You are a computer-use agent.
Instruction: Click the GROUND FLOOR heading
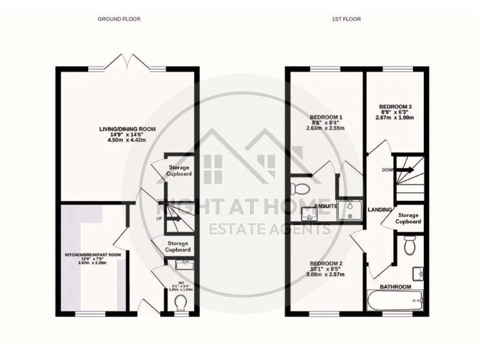point(119,19)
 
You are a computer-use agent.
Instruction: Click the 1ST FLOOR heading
point(346,19)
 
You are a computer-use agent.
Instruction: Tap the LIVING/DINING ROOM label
point(127,129)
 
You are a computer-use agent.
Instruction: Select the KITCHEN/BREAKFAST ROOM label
point(92,256)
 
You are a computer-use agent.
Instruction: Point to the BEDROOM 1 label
point(326,117)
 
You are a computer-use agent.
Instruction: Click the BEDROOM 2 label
point(326,264)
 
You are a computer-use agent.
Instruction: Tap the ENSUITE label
point(326,206)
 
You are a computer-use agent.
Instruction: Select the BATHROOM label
point(397,287)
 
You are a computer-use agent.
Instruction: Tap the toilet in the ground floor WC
point(181,302)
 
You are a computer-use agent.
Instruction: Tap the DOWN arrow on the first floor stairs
point(405,169)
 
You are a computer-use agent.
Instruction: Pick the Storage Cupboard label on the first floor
point(408,218)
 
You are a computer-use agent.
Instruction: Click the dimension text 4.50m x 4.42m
point(127,141)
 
